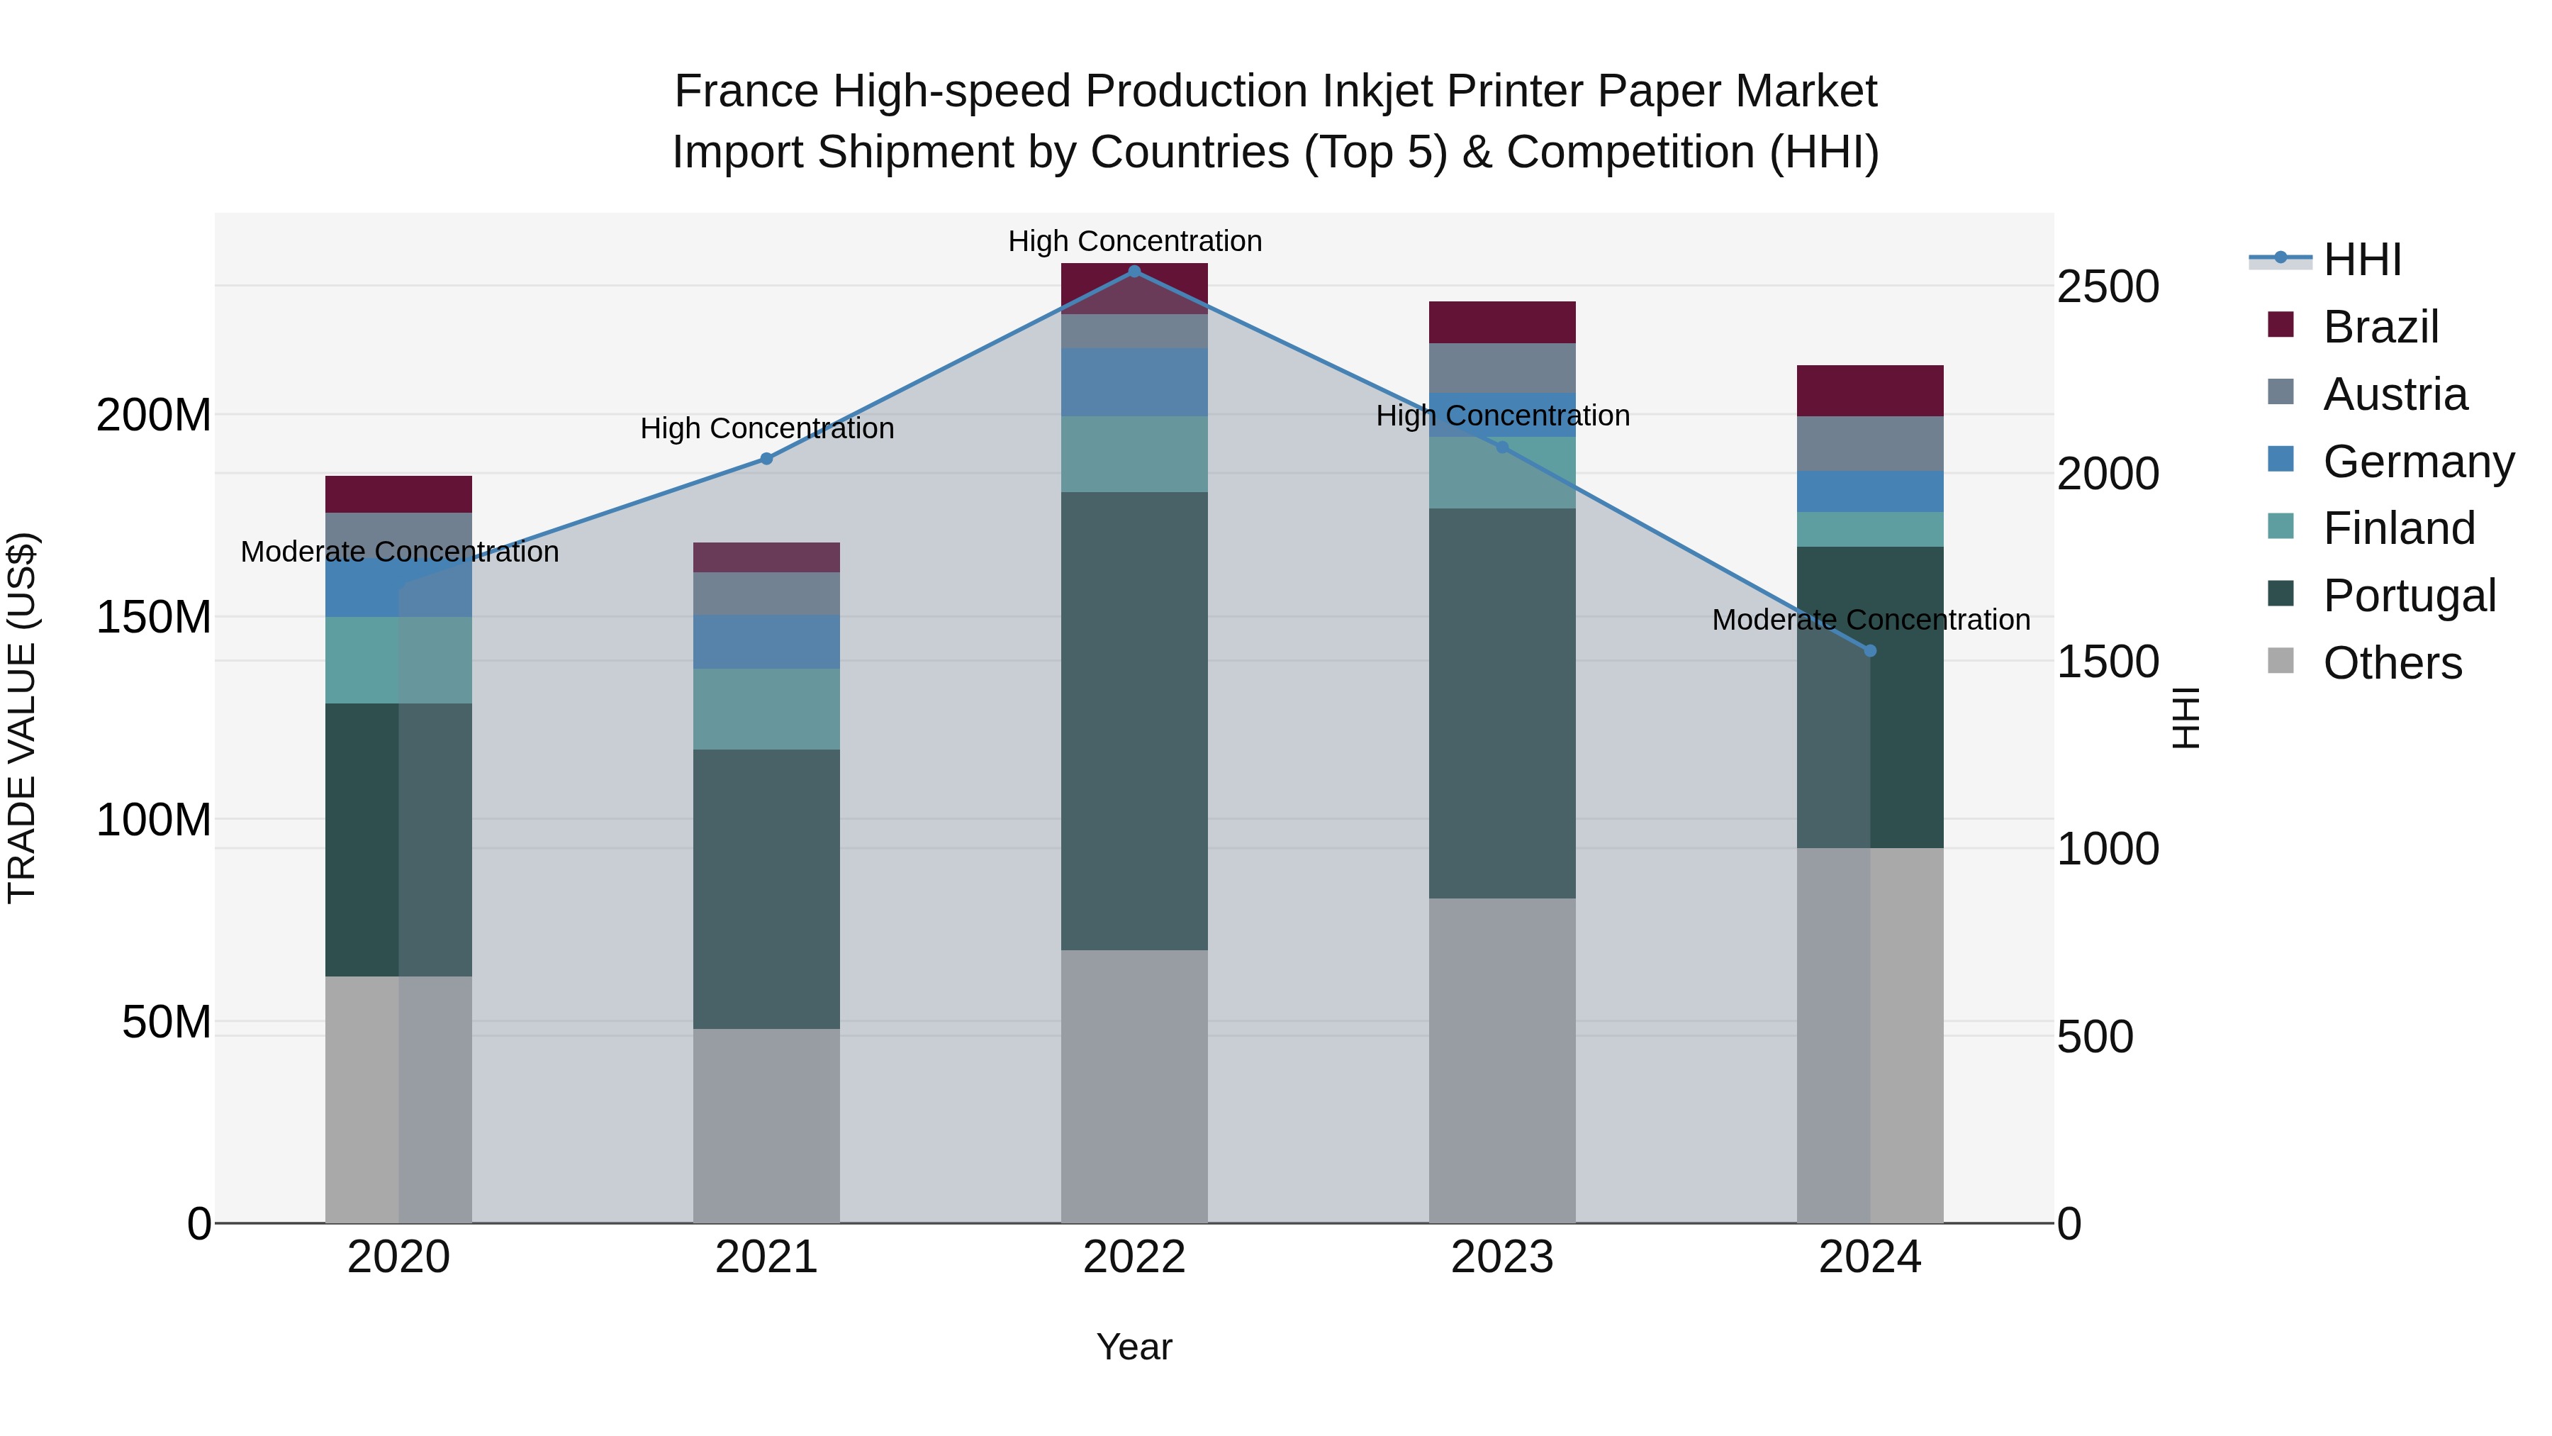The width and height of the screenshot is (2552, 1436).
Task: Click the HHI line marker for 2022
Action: click(x=1134, y=272)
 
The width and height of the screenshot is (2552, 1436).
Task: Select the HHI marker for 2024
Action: click(x=1871, y=651)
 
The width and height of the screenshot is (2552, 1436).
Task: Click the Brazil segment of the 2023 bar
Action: click(x=1502, y=322)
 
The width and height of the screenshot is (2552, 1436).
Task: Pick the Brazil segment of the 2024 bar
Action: click(x=1871, y=391)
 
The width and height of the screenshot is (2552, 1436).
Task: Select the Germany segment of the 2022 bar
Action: click(x=1134, y=382)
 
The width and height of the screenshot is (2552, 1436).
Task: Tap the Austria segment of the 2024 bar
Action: click(x=1871, y=443)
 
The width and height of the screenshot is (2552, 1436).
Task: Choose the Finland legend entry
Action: click(x=2398, y=528)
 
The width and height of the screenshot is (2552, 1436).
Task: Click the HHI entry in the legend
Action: click(x=2362, y=260)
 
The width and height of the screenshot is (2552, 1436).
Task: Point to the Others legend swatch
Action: click(x=2280, y=661)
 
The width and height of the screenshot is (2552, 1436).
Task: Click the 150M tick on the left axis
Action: click(x=154, y=618)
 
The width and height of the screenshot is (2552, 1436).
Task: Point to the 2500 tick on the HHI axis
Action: click(x=2108, y=287)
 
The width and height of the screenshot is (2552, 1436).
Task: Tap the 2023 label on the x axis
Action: click(x=1502, y=1257)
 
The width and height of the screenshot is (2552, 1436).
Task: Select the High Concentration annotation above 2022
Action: click(x=1134, y=241)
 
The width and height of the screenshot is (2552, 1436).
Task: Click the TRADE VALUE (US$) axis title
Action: click(x=22, y=718)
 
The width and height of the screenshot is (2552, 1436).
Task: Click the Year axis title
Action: click(x=1134, y=1347)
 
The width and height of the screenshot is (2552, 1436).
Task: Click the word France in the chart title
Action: click(x=746, y=91)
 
